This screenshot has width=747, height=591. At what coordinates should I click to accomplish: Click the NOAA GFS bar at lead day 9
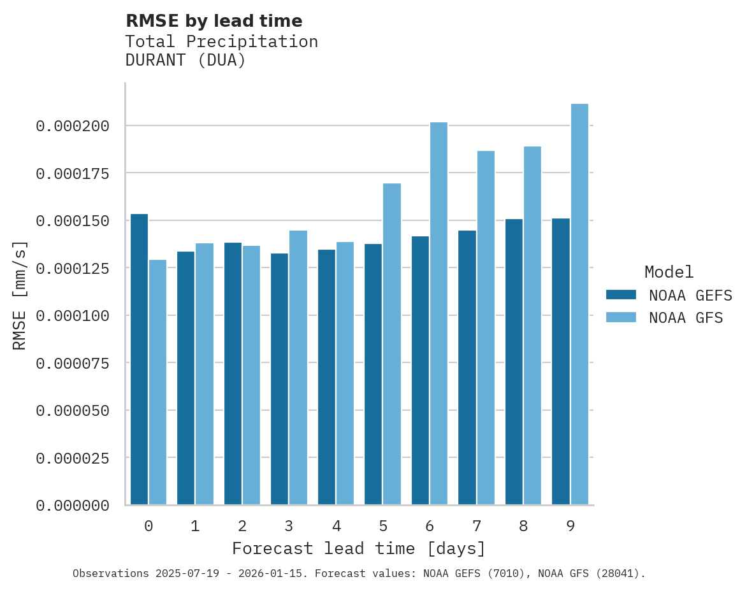click(x=579, y=304)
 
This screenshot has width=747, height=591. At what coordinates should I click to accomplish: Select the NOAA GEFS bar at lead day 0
click(x=139, y=359)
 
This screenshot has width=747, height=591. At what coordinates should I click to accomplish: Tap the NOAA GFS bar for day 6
click(x=439, y=313)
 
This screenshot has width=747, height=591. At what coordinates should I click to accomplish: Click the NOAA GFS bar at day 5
click(x=392, y=344)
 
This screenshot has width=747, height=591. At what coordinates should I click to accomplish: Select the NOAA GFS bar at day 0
click(x=158, y=382)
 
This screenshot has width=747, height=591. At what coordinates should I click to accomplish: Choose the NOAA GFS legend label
click(x=686, y=318)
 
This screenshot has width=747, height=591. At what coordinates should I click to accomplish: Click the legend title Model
click(x=669, y=273)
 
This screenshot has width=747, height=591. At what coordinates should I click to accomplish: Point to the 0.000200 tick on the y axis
click(x=73, y=126)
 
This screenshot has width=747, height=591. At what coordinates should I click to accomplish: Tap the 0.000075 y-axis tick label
click(x=73, y=363)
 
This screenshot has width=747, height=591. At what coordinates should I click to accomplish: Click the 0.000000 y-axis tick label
click(x=73, y=506)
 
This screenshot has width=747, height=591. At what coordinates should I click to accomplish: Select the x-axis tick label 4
click(x=337, y=526)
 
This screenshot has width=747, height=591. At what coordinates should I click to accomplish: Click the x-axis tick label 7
click(x=477, y=526)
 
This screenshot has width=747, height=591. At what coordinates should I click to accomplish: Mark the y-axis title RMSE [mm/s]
click(x=20, y=295)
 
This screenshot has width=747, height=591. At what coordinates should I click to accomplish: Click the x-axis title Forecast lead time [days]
click(x=359, y=548)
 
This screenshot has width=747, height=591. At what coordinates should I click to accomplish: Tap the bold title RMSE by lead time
click(x=214, y=21)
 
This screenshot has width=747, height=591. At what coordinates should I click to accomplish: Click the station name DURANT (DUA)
click(x=185, y=61)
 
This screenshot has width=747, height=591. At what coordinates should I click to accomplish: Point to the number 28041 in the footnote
click(x=616, y=574)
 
